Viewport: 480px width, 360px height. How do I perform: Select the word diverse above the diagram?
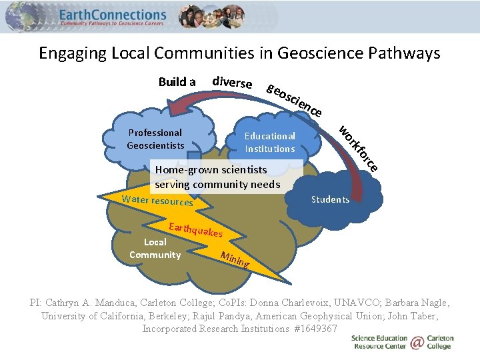coord(231,83)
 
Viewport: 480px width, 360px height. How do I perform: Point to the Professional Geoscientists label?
coord(156,139)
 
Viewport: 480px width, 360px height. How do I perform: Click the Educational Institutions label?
coord(269,142)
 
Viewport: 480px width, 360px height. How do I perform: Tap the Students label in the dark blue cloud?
coord(330,199)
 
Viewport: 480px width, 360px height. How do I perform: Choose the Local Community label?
coord(155,248)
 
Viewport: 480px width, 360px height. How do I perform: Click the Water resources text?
coord(157,201)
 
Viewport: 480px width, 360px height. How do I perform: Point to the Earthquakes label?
coord(195,229)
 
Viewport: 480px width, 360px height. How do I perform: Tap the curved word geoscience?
coord(294,100)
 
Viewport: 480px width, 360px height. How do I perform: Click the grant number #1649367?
coord(315,329)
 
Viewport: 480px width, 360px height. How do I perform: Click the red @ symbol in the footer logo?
coord(417,343)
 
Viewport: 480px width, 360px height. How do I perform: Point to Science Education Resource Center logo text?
coord(379,343)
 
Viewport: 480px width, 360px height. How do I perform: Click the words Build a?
coord(177,82)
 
